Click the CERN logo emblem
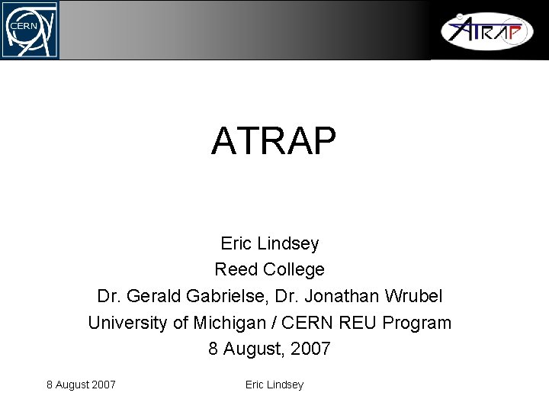pyautogui.click(x=29, y=30)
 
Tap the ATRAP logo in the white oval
pyautogui.click(x=486, y=31)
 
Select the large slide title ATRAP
pyautogui.click(x=274, y=140)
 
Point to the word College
pyautogui.click(x=294, y=269)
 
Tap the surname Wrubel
pyautogui.click(x=414, y=295)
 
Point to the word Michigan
pyautogui.click(x=225, y=322)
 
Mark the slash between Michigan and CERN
pyautogui.click(x=268, y=322)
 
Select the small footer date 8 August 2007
pyautogui.click(x=81, y=385)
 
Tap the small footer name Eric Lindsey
pyautogui.click(x=274, y=385)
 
